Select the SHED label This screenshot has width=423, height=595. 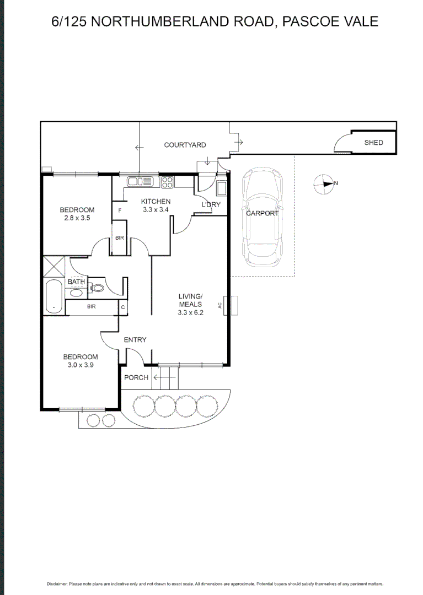373,143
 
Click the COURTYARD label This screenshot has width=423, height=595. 185,145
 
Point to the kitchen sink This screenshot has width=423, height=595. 141,181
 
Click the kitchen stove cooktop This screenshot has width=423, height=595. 168,181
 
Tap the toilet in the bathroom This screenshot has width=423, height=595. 98,287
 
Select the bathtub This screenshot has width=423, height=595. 53,296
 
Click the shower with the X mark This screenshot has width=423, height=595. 54,266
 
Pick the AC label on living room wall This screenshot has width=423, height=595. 221,305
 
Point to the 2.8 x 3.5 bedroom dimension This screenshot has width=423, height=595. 77,218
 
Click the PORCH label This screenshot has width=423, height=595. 136,377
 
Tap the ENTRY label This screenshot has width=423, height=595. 135,340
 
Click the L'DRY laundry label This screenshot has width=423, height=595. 211,205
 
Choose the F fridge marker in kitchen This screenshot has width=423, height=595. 119,210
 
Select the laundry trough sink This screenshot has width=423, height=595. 222,188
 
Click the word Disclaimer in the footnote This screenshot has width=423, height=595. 56,583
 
